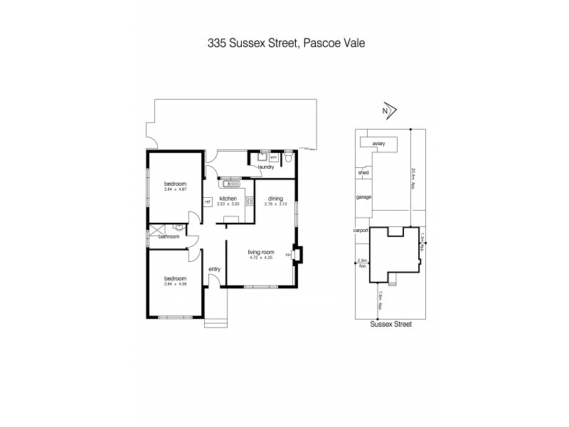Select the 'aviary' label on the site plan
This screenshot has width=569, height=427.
(378, 144)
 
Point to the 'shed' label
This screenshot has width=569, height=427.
(363, 172)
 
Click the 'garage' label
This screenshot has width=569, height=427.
(363, 197)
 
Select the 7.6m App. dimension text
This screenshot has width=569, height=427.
(381, 301)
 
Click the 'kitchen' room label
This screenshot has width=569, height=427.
(228, 199)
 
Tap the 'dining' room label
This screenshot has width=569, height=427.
(275, 199)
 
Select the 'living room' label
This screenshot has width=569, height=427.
(261, 252)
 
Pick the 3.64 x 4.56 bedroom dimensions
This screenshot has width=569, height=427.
(174, 283)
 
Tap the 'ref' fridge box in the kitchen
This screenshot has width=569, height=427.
(208, 202)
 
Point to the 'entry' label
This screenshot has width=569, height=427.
(214, 269)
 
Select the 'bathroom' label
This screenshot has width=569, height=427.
(169, 236)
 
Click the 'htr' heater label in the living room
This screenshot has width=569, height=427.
(288, 253)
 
